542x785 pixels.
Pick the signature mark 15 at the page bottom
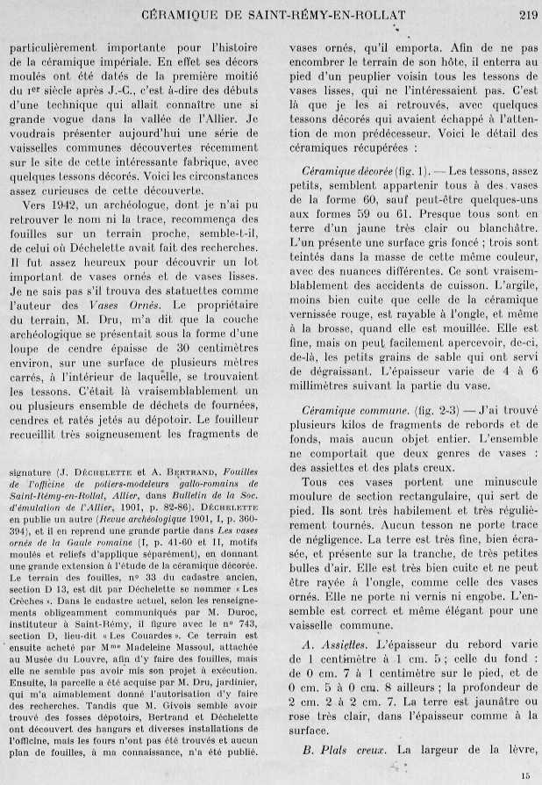pos(525,775)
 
